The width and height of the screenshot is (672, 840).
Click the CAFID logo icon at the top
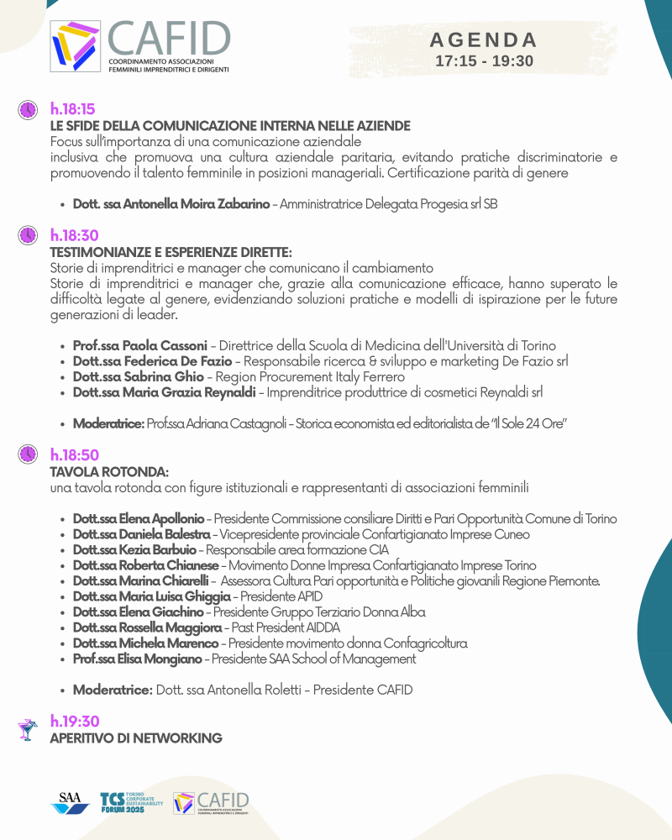pyautogui.click(x=76, y=46)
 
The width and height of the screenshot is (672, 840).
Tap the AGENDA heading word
pyautogui.click(x=484, y=40)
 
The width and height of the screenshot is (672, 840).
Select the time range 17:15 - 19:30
pyautogui.click(x=484, y=61)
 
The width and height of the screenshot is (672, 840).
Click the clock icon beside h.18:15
pyautogui.click(x=28, y=110)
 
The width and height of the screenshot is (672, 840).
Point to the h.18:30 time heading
pyautogui.click(x=74, y=236)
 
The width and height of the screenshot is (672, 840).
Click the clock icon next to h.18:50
pyautogui.click(x=28, y=454)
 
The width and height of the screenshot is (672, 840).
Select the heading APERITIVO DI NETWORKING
pyautogui.click(x=136, y=738)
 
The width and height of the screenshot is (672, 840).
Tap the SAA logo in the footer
pyautogui.click(x=69, y=803)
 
